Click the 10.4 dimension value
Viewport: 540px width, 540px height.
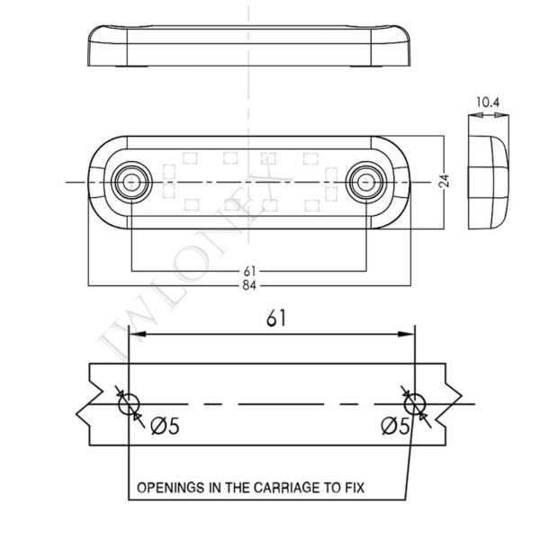point(486,103)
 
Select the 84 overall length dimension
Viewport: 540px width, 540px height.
point(247,286)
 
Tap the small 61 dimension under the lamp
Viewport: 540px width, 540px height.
point(247,271)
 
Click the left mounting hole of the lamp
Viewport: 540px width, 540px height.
point(131,181)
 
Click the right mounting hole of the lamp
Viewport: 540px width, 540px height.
point(364,181)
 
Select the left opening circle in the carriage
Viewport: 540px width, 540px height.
point(129,405)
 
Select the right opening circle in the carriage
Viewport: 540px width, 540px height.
point(415,405)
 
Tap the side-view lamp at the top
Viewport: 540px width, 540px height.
point(247,43)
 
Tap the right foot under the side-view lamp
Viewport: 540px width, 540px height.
point(365,64)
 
